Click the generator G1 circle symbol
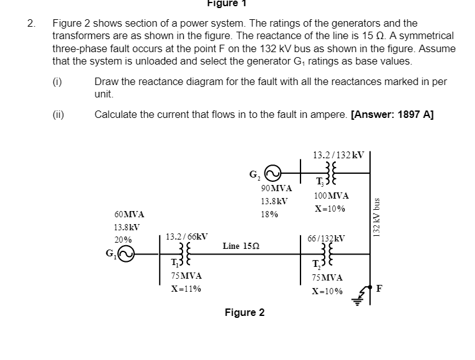126,254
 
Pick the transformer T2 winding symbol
323,254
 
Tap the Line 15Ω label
242,246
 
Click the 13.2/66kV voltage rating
186,236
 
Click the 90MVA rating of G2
276,188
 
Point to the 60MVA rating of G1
129,215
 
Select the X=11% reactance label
186,289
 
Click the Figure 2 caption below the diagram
245,312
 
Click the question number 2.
30,24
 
